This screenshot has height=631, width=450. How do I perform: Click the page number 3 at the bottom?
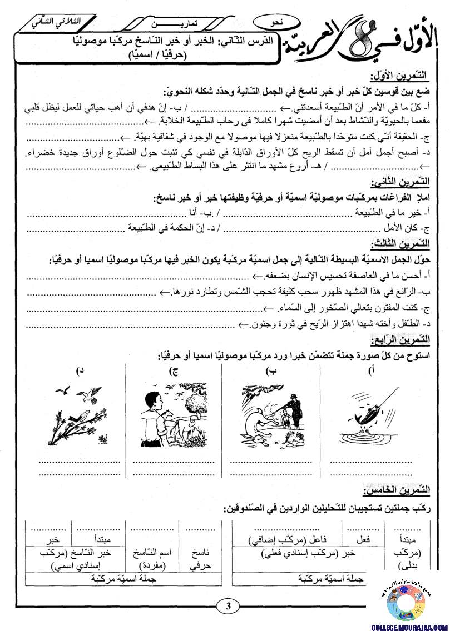click(228, 607)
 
